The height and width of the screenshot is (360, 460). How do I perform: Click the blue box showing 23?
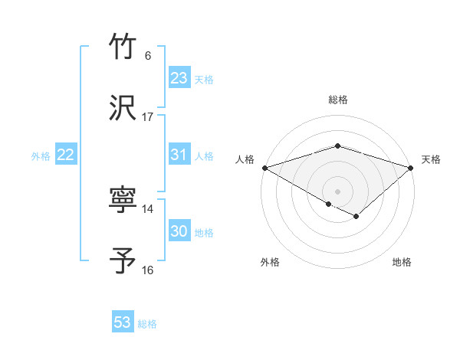point(179,78)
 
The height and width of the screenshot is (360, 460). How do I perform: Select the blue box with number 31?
point(179,155)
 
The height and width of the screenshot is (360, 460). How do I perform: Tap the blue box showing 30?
point(179,231)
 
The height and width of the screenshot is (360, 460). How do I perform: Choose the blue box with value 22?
point(66,155)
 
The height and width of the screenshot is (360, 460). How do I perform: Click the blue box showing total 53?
point(123,322)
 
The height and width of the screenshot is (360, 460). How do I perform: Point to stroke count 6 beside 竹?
point(147,56)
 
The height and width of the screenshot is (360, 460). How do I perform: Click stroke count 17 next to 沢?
point(147,117)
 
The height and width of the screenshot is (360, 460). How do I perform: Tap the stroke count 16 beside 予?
point(147,270)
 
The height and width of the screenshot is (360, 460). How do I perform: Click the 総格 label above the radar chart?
point(337,100)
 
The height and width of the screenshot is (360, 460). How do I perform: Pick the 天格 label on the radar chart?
point(431,159)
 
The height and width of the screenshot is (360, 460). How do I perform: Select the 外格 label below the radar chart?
point(270,263)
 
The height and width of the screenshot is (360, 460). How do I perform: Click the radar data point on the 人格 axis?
point(264,167)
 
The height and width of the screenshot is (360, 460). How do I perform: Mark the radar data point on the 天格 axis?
point(411,167)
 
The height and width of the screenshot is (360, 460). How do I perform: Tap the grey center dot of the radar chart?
point(337,191)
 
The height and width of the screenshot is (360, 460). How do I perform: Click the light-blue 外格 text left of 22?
point(41,155)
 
